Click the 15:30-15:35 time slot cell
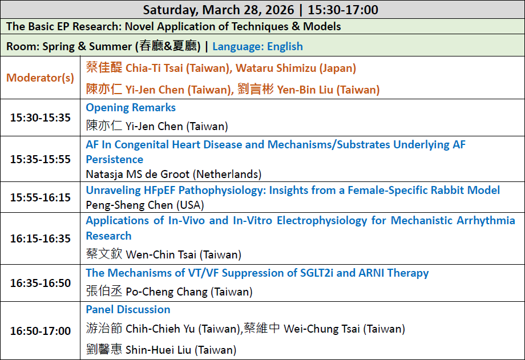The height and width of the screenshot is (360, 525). click(x=40, y=118)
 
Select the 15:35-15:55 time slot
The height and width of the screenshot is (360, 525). click(x=40, y=159)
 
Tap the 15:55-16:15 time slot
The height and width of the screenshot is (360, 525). click(x=40, y=197)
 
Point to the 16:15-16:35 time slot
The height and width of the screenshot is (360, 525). click(x=40, y=238)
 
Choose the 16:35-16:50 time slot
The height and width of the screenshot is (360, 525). click(x=40, y=283)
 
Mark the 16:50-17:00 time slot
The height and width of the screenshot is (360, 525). click(x=40, y=331)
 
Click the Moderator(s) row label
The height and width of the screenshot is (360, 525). click(x=40, y=78)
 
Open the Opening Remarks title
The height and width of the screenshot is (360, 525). click(x=131, y=107)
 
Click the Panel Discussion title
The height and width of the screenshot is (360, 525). click(x=128, y=309)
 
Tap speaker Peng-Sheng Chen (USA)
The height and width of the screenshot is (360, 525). click(x=145, y=205)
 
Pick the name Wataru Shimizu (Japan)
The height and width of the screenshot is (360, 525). click(x=296, y=68)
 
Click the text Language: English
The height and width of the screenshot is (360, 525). click(x=257, y=46)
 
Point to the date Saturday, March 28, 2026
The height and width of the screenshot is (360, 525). click(x=219, y=10)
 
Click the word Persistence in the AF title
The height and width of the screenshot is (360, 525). click(x=115, y=159)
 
